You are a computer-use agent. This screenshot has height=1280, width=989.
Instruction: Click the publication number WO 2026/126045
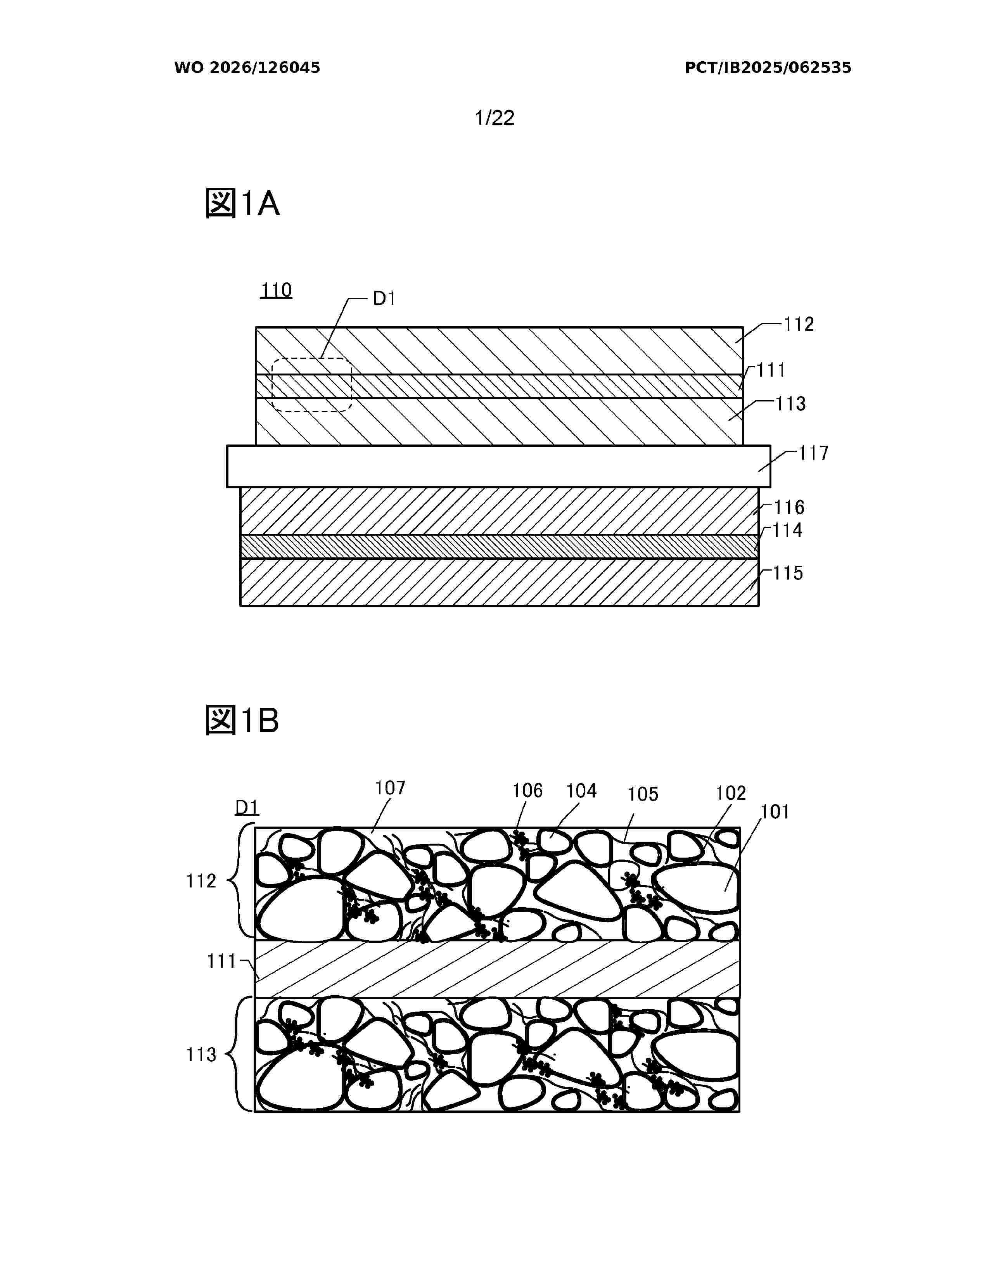tap(247, 68)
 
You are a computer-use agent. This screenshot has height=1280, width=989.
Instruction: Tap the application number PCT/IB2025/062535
tap(768, 68)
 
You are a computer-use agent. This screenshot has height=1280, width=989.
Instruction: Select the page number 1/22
tap(494, 118)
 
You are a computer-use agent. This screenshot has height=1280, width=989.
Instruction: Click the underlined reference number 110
tap(276, 290)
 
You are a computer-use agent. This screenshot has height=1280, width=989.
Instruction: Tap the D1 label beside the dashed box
tap(384, 299)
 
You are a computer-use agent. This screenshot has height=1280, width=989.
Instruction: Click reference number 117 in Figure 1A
tap(814, 453)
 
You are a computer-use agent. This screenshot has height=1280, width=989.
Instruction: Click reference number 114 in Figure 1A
tap(787, 530)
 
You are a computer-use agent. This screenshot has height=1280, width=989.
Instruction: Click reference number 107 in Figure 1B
tap(390, 788)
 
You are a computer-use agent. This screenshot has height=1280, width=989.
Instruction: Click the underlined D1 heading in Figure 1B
tap(247, 808)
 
